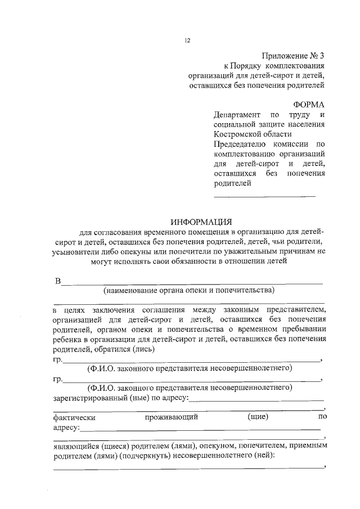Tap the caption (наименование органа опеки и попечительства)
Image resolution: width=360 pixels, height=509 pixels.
(188, 291)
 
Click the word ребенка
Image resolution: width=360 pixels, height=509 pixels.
(68, 339)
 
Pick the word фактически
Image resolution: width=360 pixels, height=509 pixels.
(74, 417)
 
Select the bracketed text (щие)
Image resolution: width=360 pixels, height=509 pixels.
(258, 417)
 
